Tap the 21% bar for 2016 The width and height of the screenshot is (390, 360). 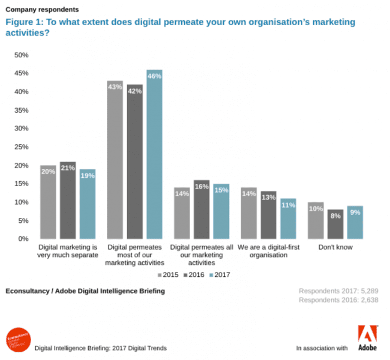point(68,200)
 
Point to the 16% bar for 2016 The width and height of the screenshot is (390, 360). point(202,209)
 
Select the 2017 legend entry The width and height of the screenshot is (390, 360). point(219,274)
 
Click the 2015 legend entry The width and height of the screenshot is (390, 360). point(167,274)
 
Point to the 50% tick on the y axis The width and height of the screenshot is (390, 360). point(21,55)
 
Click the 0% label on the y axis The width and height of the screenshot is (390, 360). point(23,239)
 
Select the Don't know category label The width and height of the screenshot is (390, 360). point(335,247)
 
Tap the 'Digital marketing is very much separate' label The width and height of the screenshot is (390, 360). point(68,251)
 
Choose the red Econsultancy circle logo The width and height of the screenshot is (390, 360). point(18,340)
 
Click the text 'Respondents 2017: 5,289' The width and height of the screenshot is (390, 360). point(339,291)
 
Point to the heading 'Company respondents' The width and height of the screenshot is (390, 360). point(42,9)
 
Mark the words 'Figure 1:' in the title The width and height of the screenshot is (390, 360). point(23,22)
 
